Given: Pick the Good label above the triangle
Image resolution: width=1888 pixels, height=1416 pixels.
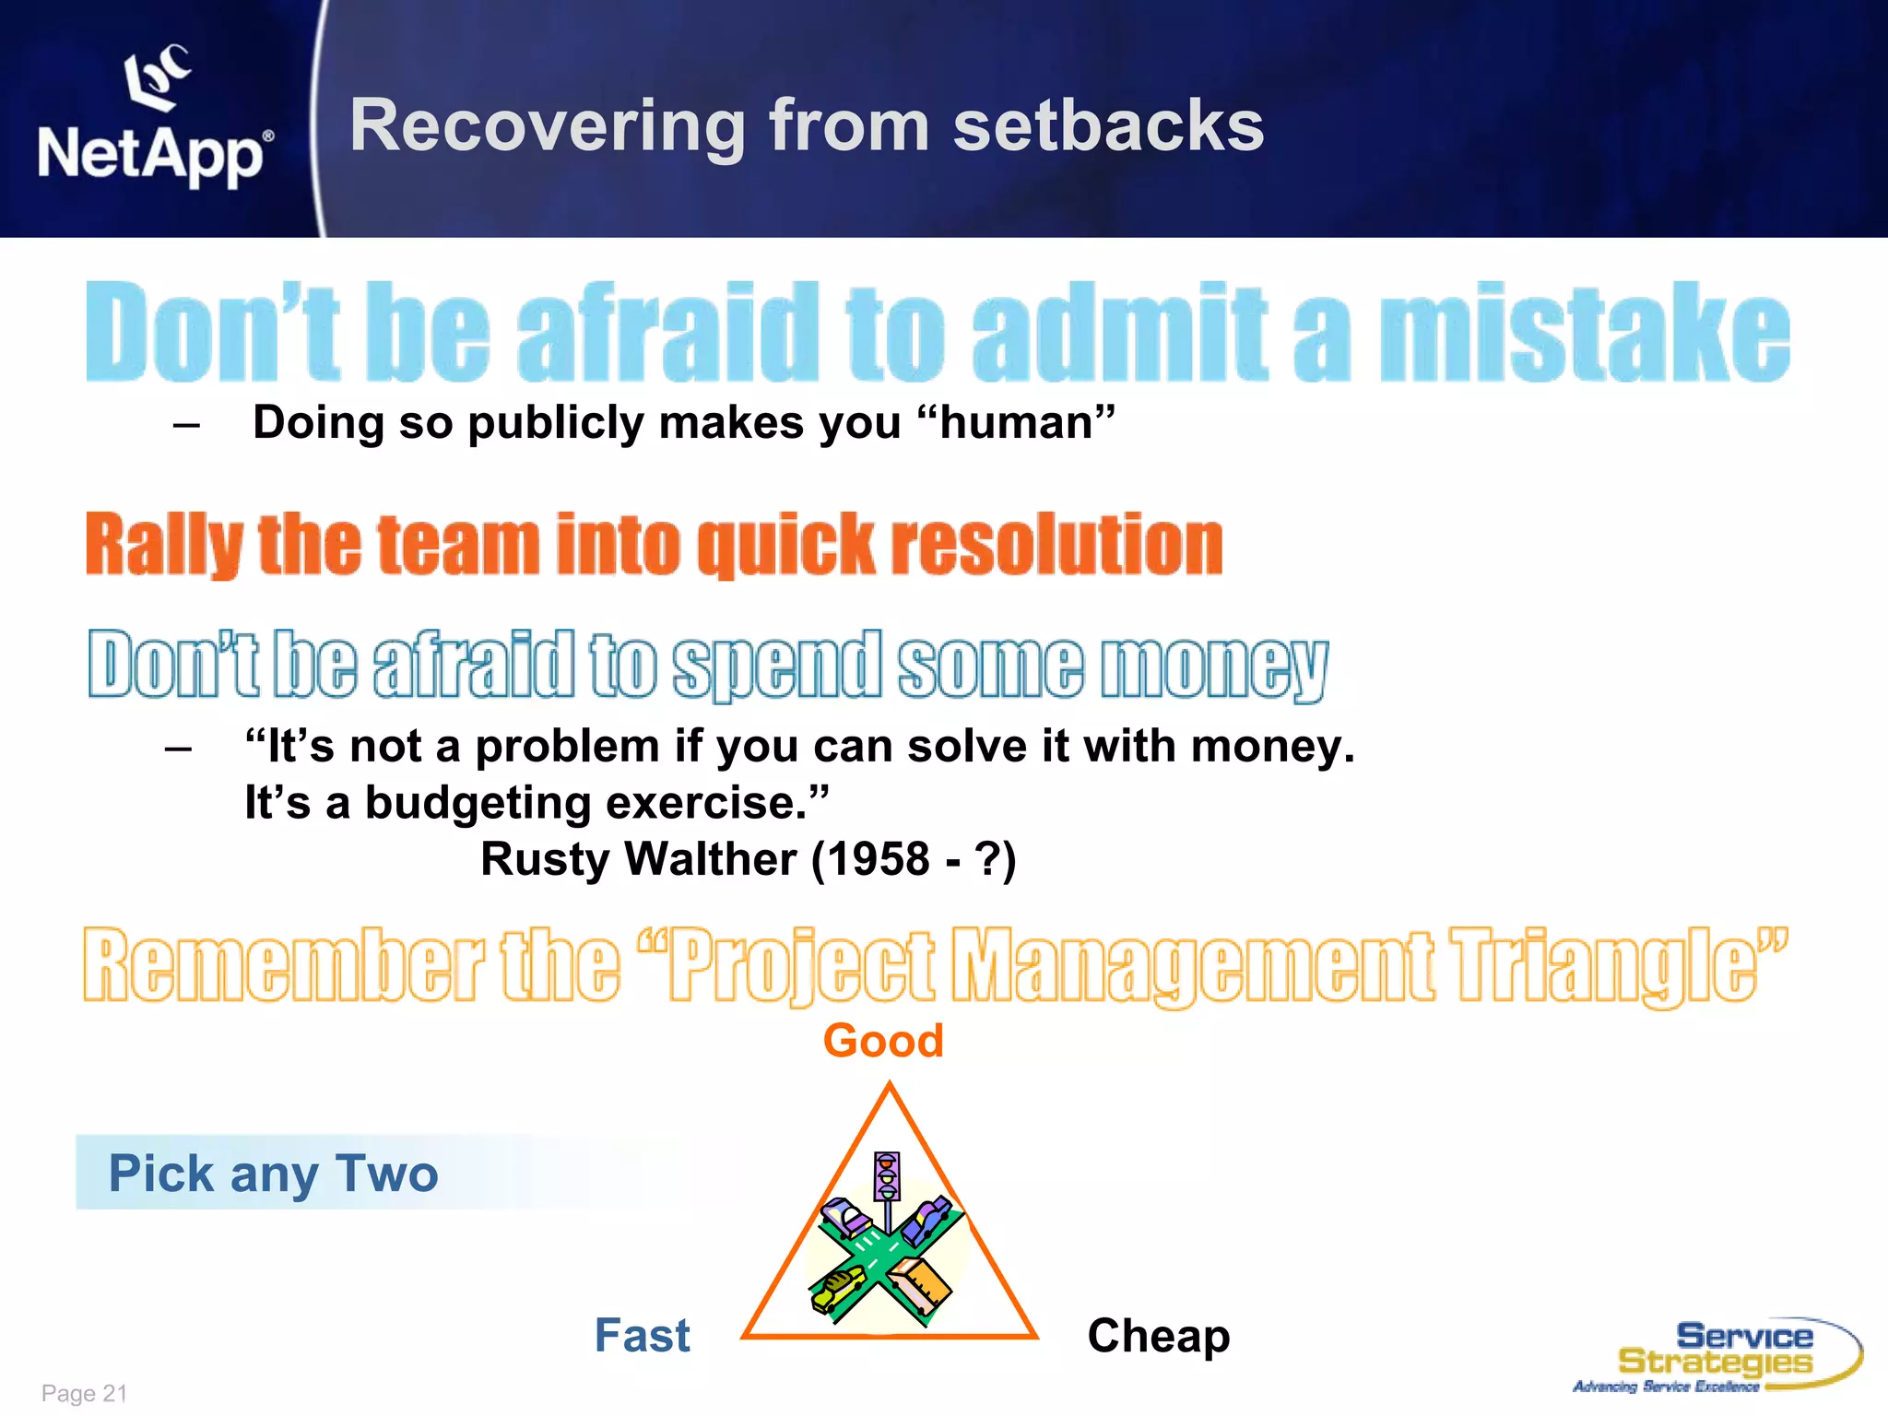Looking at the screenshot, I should point(882,1041).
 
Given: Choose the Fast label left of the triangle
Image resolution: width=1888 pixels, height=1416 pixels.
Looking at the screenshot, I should point(642,1336).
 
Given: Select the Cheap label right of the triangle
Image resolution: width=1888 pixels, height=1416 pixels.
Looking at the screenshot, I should point(1158,1336).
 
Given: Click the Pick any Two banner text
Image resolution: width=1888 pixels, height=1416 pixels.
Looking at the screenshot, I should point(273,1174).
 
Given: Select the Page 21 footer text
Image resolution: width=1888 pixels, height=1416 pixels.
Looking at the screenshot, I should point(84,1393).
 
